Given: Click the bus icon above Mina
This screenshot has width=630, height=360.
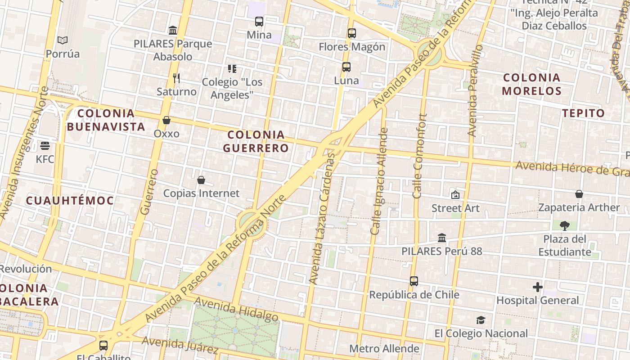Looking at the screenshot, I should click(259, 21).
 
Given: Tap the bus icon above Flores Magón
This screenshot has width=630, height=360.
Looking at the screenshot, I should click(352, 33).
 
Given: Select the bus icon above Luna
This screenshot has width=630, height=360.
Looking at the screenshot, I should click(346, 67).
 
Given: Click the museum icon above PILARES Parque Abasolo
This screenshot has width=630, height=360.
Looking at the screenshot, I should click(173, 30).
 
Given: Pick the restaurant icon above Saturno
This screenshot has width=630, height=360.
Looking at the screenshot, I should click(176, 78).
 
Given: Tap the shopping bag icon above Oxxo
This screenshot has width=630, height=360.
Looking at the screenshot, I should click(166, 120).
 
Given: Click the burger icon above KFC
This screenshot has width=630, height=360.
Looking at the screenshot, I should click(45, 145).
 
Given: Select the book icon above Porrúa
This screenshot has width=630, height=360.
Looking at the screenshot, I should click(63, 40).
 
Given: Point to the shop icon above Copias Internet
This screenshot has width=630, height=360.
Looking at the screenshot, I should click(201, 180).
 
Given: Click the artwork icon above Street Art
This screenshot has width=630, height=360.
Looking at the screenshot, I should click(455, 195).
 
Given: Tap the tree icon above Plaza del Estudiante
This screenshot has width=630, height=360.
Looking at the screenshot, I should click(565, 225).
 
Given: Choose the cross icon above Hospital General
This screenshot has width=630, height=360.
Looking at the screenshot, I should click(538, 287).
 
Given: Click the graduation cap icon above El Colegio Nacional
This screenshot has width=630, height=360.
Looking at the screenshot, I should click(481, 320).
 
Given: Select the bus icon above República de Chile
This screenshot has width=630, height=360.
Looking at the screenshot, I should click(414, 281).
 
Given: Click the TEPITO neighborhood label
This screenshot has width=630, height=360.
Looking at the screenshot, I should click(584, 113).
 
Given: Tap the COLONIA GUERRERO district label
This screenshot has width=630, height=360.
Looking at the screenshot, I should click(256, 141).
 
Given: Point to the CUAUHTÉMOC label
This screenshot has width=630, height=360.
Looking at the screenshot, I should click(70, 200).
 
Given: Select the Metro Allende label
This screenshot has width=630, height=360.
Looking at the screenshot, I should click(384, 349).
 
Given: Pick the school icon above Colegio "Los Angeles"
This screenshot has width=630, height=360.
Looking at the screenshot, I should click(232, 69).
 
